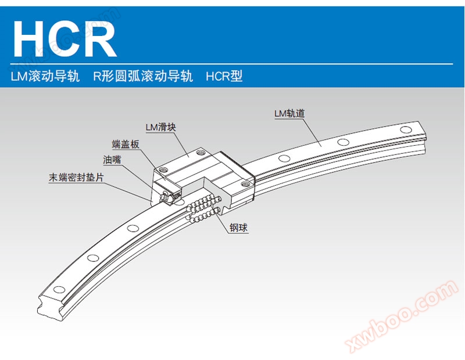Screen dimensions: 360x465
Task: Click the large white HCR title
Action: point(65,38)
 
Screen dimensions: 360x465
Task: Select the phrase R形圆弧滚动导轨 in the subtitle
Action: point(142,76)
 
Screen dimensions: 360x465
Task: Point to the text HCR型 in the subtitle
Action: point(224,76)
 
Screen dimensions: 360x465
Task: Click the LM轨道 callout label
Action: point(289,114)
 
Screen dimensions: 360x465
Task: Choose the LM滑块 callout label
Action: point(160,127)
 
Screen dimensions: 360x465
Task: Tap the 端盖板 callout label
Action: point(126,144)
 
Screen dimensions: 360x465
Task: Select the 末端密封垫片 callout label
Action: point(76,178)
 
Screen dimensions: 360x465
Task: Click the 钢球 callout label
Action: point(238,228)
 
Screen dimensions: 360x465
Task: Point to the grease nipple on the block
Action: point(166,198)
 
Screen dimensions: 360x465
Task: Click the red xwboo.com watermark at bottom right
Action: point(401,316)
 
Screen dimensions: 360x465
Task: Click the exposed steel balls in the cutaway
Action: point(203,207)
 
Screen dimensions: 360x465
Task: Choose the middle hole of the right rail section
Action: point(344,142)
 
